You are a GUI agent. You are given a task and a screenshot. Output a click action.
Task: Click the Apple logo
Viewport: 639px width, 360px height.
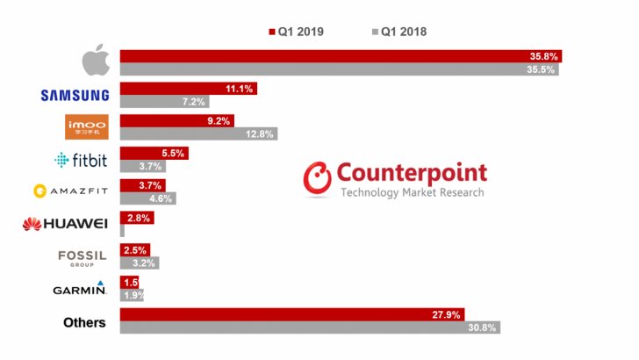click(x=96, y=62)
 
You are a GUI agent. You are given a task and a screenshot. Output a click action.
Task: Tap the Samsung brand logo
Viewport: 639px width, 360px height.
click(x=75, y=95)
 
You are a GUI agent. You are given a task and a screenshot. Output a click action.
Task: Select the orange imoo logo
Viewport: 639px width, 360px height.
click(x=87, y=127)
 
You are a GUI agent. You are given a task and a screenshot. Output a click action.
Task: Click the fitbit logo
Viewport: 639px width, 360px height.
click(x=81, y=160)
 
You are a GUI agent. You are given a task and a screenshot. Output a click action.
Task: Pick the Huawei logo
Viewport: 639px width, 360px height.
click(x=65, y=224)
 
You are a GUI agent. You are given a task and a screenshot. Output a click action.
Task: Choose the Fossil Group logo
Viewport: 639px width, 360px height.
click(x=82, y=256)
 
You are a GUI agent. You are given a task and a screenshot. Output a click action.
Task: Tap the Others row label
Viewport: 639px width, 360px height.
click(x=84, y=322)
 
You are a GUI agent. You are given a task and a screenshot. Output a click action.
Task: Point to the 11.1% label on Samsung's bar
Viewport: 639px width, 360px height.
click(x=240, y=89)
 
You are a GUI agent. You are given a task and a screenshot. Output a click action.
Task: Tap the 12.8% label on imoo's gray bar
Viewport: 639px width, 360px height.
click(x=261, y=134)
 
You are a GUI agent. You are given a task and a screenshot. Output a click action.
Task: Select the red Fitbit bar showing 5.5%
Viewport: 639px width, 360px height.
click(x=154, y=153)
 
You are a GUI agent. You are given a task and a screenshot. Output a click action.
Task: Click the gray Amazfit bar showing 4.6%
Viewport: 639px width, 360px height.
click(x=147, y=198)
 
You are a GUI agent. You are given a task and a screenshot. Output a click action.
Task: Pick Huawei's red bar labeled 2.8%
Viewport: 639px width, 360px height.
click(x=138, y=218)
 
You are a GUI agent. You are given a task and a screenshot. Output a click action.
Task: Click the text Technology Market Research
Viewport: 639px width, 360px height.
click(x=412, y=192)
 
